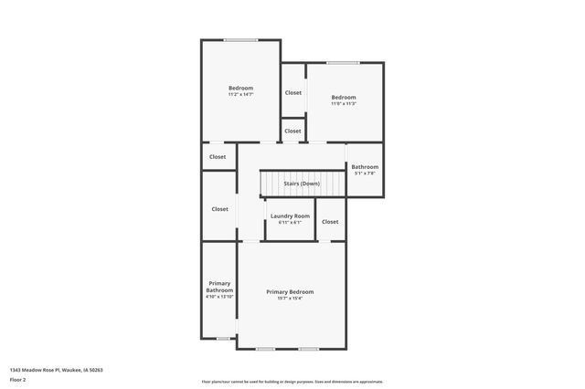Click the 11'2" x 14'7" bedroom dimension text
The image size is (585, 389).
tap(240, 94)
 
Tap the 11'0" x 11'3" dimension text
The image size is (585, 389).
tap(344, 103)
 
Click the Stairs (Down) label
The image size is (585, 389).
tap(302, 184)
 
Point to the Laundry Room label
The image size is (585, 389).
tap(290, 216)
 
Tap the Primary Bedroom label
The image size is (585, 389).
tap(290, 291)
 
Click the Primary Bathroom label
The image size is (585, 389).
tap(219, 287)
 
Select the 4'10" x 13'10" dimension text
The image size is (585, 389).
tap(219, 297)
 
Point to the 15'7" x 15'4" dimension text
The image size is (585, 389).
tap(290, 298)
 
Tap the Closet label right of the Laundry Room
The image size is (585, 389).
tap(330, 221)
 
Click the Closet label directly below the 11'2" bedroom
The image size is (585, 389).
tap(218, 156)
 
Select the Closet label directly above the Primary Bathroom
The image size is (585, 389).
tap(220, 208)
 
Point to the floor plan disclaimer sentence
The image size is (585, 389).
tap(292, 382)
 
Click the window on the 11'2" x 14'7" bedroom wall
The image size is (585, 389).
tap(240, 39)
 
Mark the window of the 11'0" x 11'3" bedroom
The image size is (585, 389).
tap(343, 62)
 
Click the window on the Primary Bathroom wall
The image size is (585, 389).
tap(223, 339)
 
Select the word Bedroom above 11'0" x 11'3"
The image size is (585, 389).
tap(344, 97)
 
